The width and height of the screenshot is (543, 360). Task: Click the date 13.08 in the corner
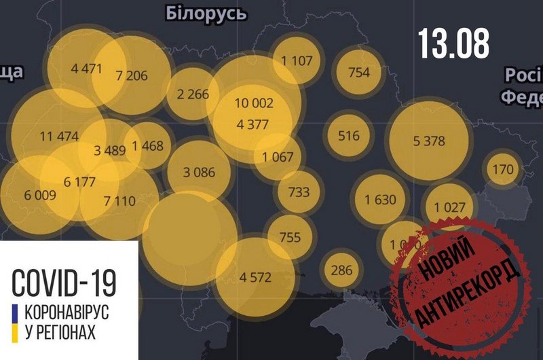[x=453, y=44]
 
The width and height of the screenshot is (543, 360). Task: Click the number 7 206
[x=132, y=75]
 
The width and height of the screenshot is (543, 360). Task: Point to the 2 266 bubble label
[x=193, y=94]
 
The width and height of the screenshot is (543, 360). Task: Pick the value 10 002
[x=254, y=103]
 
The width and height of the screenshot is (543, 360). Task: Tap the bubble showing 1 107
[x=296, y=60]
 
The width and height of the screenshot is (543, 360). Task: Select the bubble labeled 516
[x=349, y=135]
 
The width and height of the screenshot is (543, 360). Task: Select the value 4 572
[x=256, y=276]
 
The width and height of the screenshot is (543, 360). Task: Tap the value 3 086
[x=199, y=172]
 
